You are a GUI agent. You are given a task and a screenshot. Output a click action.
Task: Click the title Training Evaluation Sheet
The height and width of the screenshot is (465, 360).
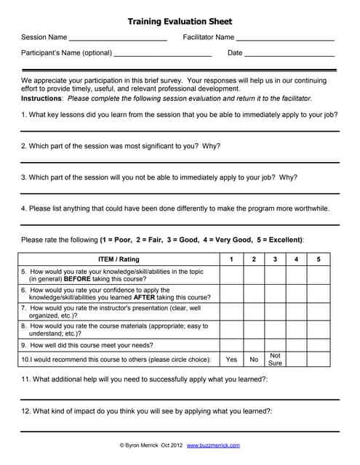(x=180, y=22)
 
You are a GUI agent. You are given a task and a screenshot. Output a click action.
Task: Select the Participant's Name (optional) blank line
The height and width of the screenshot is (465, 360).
(x=163, y=55)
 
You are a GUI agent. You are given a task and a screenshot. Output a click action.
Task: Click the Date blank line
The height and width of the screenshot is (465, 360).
(x=289, y=55)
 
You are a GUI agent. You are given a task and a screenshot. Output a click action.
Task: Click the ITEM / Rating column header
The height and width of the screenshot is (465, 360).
(x=119, y=259)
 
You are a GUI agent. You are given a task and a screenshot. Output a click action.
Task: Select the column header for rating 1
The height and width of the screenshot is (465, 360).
(x=231, y=259)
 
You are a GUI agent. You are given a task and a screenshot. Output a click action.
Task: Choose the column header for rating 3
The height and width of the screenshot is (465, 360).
(x=275, y=259)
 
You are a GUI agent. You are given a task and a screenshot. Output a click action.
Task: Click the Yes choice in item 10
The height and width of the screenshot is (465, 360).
(x=231, y=360)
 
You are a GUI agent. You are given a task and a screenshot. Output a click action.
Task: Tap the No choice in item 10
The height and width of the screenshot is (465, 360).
(x=253, y=360)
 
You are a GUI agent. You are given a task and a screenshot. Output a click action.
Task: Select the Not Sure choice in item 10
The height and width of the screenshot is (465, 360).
(x=275, y=360)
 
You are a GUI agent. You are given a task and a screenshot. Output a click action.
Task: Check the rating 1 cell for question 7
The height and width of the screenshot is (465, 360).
(x=231, y=312)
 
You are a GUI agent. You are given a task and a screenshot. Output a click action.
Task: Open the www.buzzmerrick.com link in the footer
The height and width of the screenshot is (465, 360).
(x=213, y=445)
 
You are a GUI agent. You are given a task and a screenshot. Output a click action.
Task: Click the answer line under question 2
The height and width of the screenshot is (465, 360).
(x=180, y=162)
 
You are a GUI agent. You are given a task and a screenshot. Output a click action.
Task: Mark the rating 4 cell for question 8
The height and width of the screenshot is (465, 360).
(x=297, y=330)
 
